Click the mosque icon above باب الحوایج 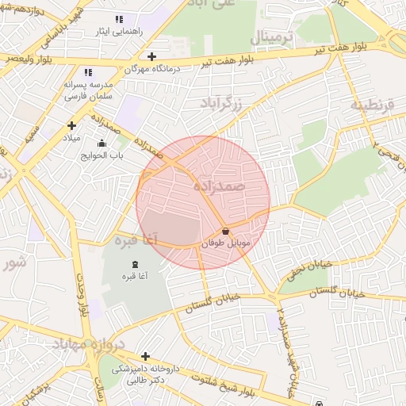101,144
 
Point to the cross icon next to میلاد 71,125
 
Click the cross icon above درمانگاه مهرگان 151,56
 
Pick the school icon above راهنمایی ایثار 119,19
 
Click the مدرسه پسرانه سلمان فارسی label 88,90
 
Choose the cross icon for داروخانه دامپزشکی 145,357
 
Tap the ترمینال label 272,38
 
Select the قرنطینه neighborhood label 372,104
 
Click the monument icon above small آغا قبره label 132,263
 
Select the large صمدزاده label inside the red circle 220,186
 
